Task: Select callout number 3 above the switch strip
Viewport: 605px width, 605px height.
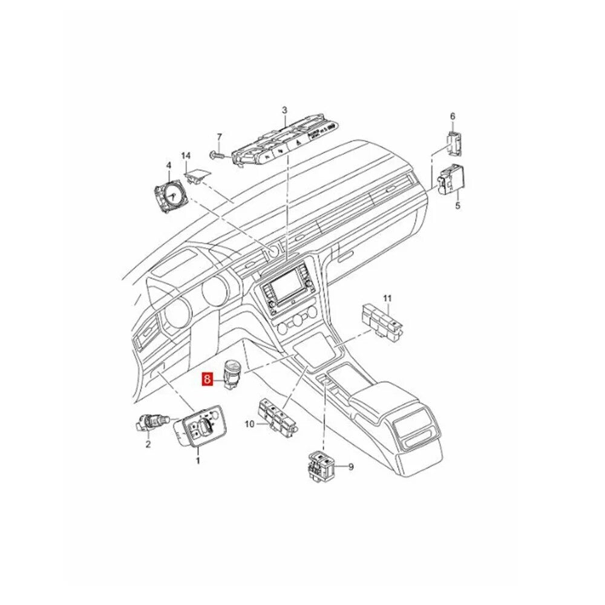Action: (x=284, y=110)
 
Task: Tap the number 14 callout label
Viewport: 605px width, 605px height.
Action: (x=186, y=156)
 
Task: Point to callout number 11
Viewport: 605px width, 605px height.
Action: (x=387, y=298)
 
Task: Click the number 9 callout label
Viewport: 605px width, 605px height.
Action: (x=351, y=468)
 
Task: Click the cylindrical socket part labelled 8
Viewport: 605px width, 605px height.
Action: (x=232, y=374)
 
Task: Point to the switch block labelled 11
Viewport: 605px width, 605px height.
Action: (x=382, y=320)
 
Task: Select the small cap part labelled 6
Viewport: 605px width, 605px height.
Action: (x=454, y=143)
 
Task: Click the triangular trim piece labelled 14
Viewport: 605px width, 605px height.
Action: (x=198, y=176)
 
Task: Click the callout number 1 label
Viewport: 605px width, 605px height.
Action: (x=198, y=460)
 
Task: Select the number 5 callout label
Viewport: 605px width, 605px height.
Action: (x=457, y=206)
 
